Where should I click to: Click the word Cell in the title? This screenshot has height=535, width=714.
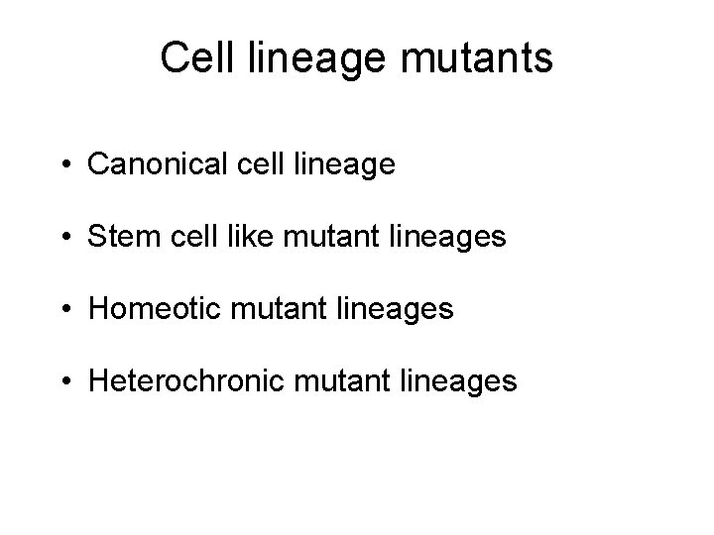193,58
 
